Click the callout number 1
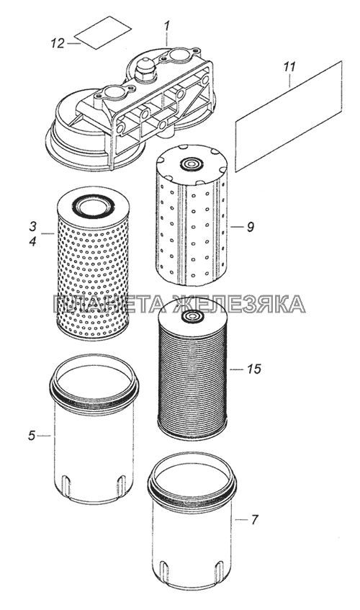(166, 27)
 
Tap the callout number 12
(58, 43)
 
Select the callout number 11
(289, 67)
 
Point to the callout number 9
(251, 226)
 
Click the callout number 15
(254, 369)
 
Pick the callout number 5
(32, 436)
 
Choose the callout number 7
(254, 519)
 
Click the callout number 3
(32, 226)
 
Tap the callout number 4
(32, 241)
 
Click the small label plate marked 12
(103, 32)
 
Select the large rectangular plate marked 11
(289, 116)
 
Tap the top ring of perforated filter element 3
(93, 204)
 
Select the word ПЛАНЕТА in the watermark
(111, 304)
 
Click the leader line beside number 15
(236, 369)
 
